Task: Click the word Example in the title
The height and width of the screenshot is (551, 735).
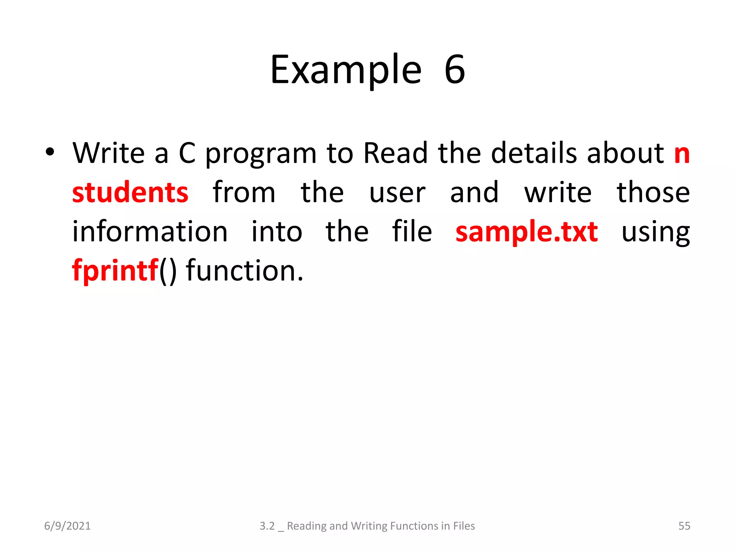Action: tap(346, 70)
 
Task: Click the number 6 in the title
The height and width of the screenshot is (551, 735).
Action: tap(455, 70)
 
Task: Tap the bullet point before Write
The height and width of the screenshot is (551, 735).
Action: tap(50, 152)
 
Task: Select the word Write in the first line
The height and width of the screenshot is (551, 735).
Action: tap(108, 153)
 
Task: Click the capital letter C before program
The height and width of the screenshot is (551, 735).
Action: tap(187, 153)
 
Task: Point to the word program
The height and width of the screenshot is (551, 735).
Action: tap(261, 155)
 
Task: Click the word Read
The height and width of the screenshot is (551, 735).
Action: tap(395, 153)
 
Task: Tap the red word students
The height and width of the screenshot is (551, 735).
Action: tap(130, 193)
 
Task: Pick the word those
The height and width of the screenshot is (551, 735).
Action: tap(653, 193)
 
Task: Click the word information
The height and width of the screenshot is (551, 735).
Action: tap(150, 232)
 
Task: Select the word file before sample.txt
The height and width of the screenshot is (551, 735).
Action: tap(412, 232)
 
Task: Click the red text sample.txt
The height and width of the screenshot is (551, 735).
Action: tap(526, 232)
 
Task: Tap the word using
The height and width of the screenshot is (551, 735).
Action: tap(655, 234)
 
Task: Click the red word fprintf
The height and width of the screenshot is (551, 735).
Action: tap(115, 271)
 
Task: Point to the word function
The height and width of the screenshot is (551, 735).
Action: tap(244, 271)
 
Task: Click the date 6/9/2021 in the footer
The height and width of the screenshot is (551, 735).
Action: tap(67, 526)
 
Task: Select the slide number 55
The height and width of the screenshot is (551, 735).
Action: tap(684, 526)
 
